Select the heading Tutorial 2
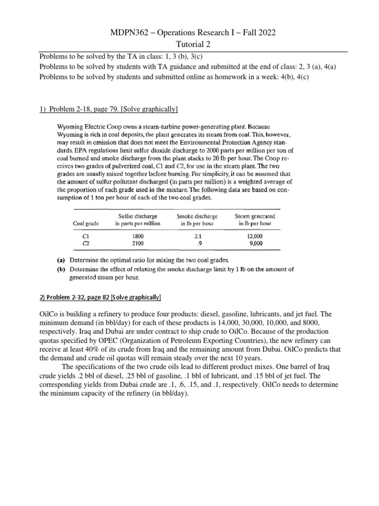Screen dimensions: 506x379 pyautogui.click(x=189, y=45)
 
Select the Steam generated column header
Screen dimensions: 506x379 pyautogui.click(x=256, y=220)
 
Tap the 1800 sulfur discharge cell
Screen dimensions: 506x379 pyautogui.click(x=138, y=236)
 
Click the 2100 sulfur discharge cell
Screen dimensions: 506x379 pyautogui.click(x=138, y=243)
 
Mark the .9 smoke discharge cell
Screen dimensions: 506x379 pyautogui.click(x=197, y=243)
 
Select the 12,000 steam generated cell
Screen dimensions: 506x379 pyautogui.click(x=256, y=236)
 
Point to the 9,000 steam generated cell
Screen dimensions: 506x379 pyautogui.click(x=257, y=243)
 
